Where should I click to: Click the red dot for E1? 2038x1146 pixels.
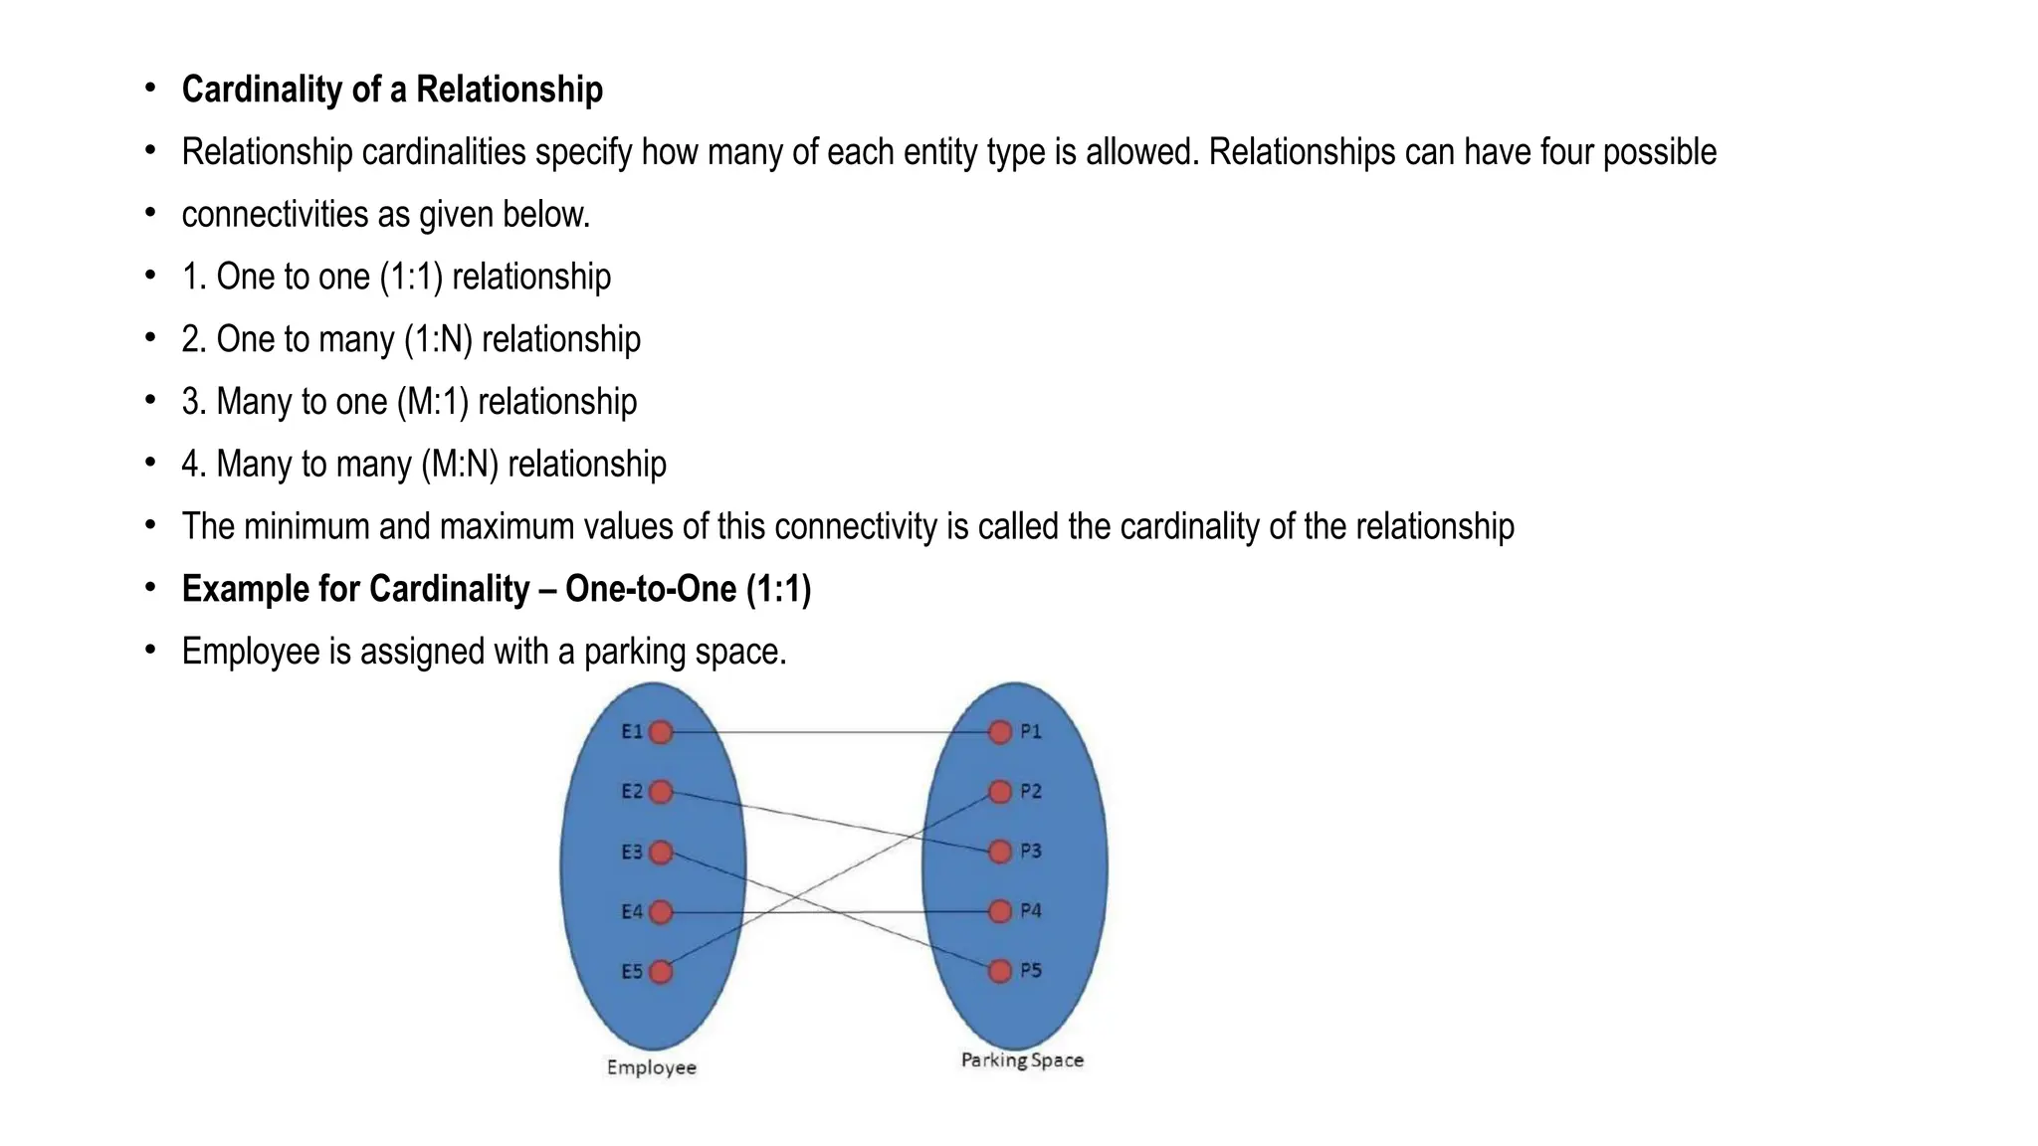tap(661, 732)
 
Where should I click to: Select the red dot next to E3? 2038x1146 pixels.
tap(661, 853)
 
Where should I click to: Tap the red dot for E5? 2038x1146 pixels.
tap(661, 972)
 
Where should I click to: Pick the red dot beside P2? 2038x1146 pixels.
tap(1000, 792)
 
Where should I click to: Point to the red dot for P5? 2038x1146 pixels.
tap(1000, 971)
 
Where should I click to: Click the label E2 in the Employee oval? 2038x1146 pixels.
tap(632, 792)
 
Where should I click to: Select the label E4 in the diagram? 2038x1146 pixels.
tap(632, 911)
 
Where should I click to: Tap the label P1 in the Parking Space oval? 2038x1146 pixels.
tap(1031, 732)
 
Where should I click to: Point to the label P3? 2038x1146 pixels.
tap(1031, 852)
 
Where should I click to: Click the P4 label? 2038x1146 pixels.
tap(1031, 911)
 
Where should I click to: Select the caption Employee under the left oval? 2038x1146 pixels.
tap(652, 1068)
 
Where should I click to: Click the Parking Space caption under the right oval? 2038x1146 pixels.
tap(1022, 1060)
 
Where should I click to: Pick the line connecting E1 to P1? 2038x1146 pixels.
tap(831, 732)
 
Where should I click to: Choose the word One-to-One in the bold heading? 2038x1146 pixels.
tap(651, 589)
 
